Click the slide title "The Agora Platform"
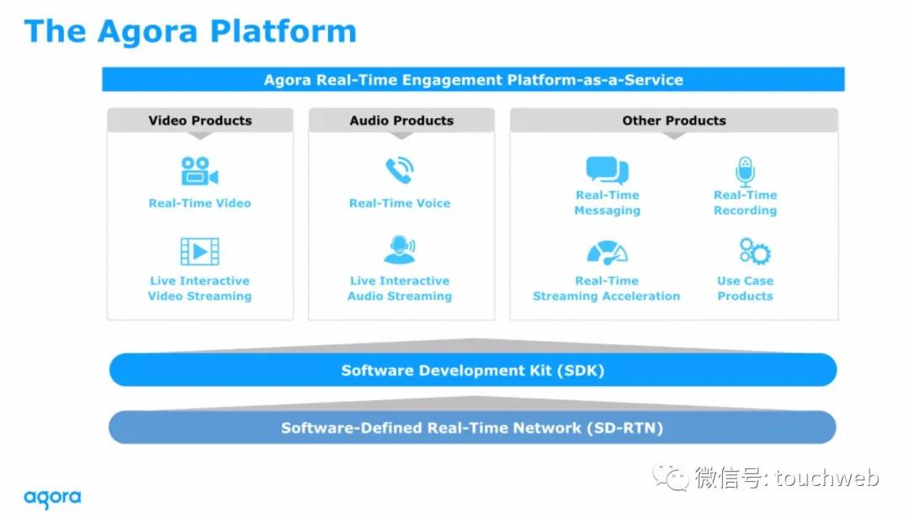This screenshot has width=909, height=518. [190, 31]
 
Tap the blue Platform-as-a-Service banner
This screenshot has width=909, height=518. [473, 79]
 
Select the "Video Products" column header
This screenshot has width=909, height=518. [200, 120]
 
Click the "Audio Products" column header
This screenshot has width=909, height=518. [401, 120]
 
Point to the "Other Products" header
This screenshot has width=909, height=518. [673, 120]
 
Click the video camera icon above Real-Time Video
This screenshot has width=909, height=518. [199, 171]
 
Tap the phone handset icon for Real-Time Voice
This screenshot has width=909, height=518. [400, 170]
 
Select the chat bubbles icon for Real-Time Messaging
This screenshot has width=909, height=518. [607, 170]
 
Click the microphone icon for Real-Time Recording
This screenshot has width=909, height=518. [745, 172]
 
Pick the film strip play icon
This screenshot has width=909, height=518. [199, 251]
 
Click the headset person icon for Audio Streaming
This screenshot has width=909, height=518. [400, 249]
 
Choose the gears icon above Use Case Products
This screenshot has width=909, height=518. [754, 251]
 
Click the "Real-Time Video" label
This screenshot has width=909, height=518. [199, 203]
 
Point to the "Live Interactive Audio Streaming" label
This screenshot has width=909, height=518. [400, 288]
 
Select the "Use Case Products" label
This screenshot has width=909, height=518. [745, 288]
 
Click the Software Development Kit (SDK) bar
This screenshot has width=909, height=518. [473, 370]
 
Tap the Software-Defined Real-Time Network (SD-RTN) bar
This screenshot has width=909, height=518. [472, 428]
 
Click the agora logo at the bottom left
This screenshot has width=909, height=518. [52, 499]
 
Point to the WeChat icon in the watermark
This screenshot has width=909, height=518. [671, 477]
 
